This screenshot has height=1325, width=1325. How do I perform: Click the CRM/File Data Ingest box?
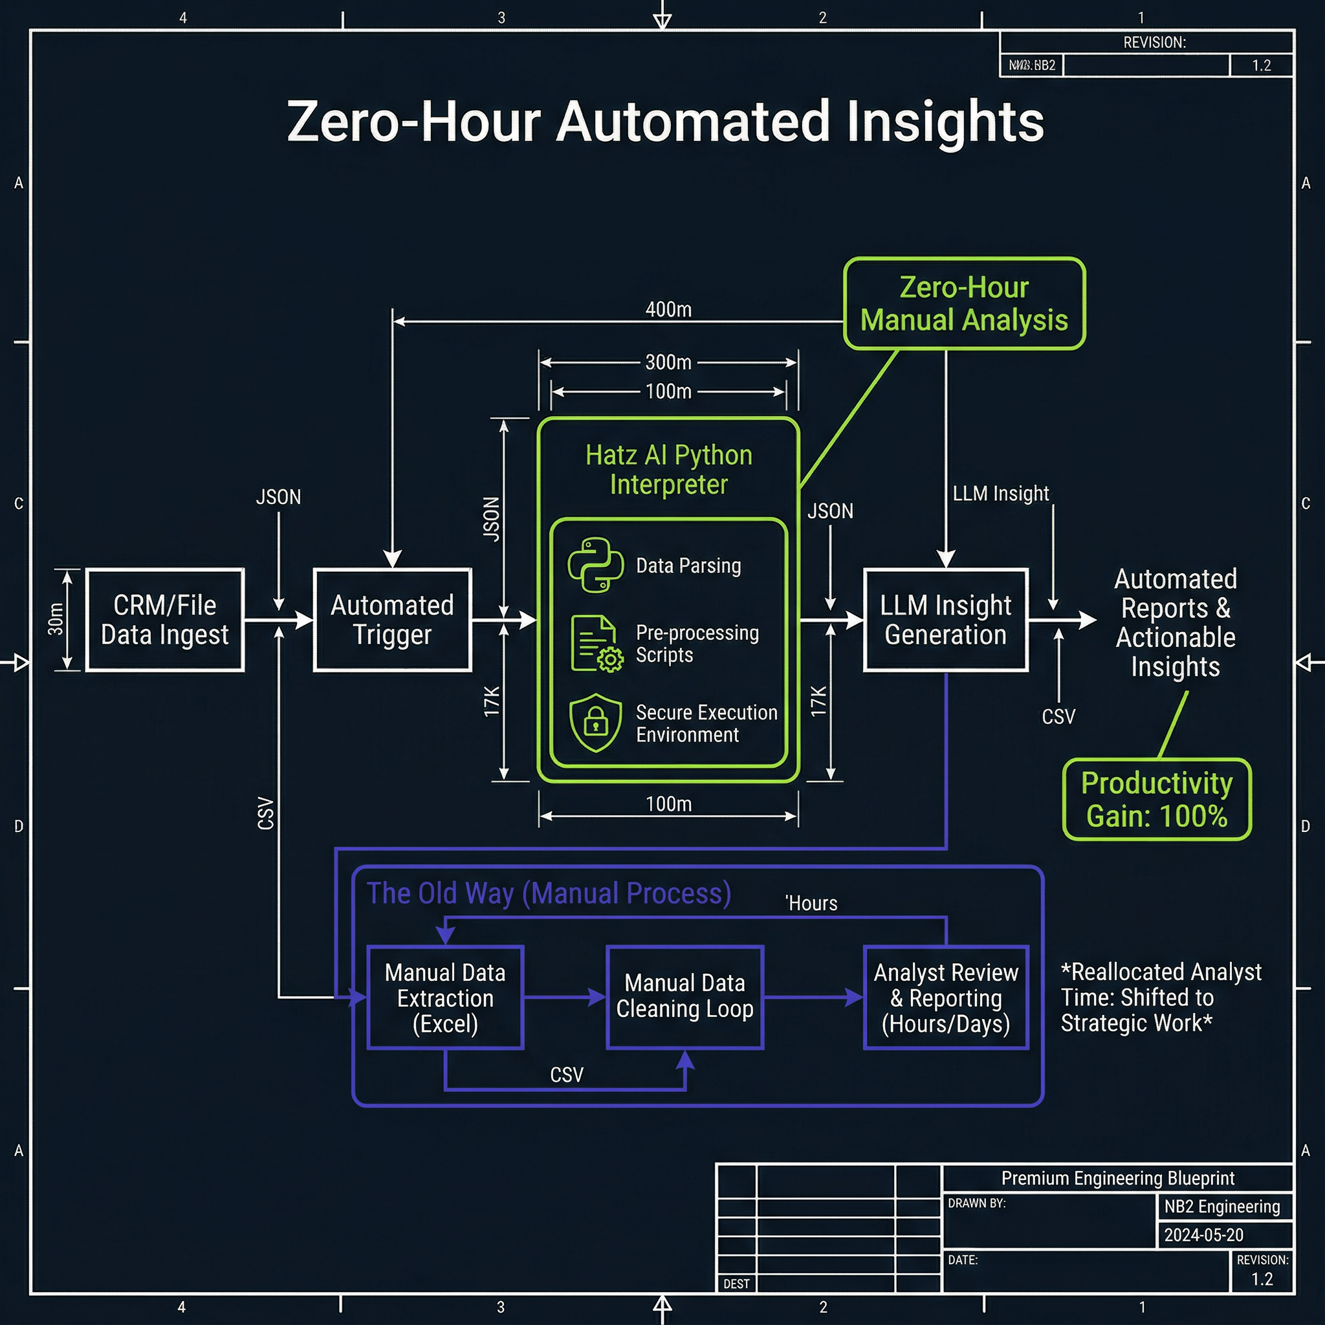coord(164,619)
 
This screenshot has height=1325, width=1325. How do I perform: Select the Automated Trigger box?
coord(391,619)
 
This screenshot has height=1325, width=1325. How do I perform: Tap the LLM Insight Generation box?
coord(945,619)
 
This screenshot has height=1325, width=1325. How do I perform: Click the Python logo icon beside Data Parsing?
coord(595,565)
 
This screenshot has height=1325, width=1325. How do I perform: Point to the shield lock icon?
coord(595,722)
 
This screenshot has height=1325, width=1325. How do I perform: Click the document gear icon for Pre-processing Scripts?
coord(595,643)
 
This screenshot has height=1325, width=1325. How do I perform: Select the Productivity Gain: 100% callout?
coord(1156,799)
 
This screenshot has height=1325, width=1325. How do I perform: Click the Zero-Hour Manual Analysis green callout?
coord(963,303)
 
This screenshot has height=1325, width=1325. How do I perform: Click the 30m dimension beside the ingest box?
coord(56,619)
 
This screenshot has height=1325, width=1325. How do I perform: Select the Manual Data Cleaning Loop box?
coord(684,996)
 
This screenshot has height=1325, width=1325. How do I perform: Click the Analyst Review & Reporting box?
coord(945,997)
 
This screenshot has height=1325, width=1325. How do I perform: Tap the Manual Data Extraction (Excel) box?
coord(445,997)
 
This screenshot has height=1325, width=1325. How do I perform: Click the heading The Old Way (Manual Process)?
coord(549,893)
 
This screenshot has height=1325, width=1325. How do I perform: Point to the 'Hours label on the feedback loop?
coord(811,903)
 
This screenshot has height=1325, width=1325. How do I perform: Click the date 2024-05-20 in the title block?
coord(1203,1235)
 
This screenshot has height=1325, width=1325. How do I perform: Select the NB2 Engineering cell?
coord(1221,1207)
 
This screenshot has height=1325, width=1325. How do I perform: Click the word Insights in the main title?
coord(945,122)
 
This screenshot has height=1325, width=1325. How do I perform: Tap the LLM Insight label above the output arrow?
coord(1000,493)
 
